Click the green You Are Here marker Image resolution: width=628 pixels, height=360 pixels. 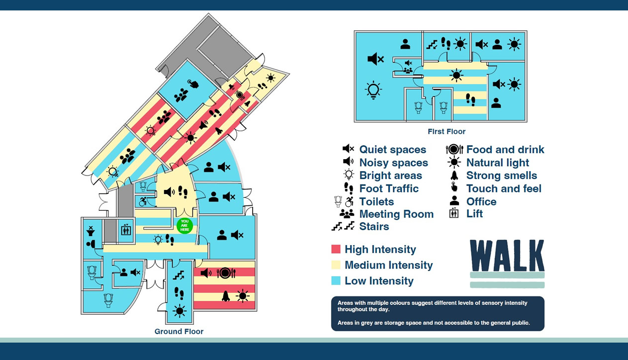coord(184,225)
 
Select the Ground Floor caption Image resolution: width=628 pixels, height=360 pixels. coord(179,332)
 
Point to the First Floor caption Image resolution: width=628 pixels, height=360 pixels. coord(447,132)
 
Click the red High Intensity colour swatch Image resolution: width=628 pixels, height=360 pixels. coord(336,250)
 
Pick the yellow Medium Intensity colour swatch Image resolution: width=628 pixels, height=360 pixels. coord(336,265)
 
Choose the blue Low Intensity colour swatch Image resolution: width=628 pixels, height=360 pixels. coord(336,281)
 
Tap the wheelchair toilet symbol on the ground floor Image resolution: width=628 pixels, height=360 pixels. coord(143,201)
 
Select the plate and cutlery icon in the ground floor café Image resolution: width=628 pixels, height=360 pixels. coord(226,273)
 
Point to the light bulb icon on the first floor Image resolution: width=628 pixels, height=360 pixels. coord(373,90)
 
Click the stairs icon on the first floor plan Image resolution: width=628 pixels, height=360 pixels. coord(432,44)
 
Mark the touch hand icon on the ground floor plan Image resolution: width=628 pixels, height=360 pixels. coord(193,84)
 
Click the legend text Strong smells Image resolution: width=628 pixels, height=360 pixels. coord(501,176)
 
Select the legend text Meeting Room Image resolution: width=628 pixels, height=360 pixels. coord(396,214)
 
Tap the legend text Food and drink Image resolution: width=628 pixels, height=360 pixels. coord(505,150)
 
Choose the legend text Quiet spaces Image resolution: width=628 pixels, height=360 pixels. coord(392,150)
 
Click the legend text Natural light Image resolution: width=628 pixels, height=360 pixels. coord(497,163)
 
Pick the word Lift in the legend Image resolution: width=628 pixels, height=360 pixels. coord(474,214)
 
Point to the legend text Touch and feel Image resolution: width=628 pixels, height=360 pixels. coord(504,188)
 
